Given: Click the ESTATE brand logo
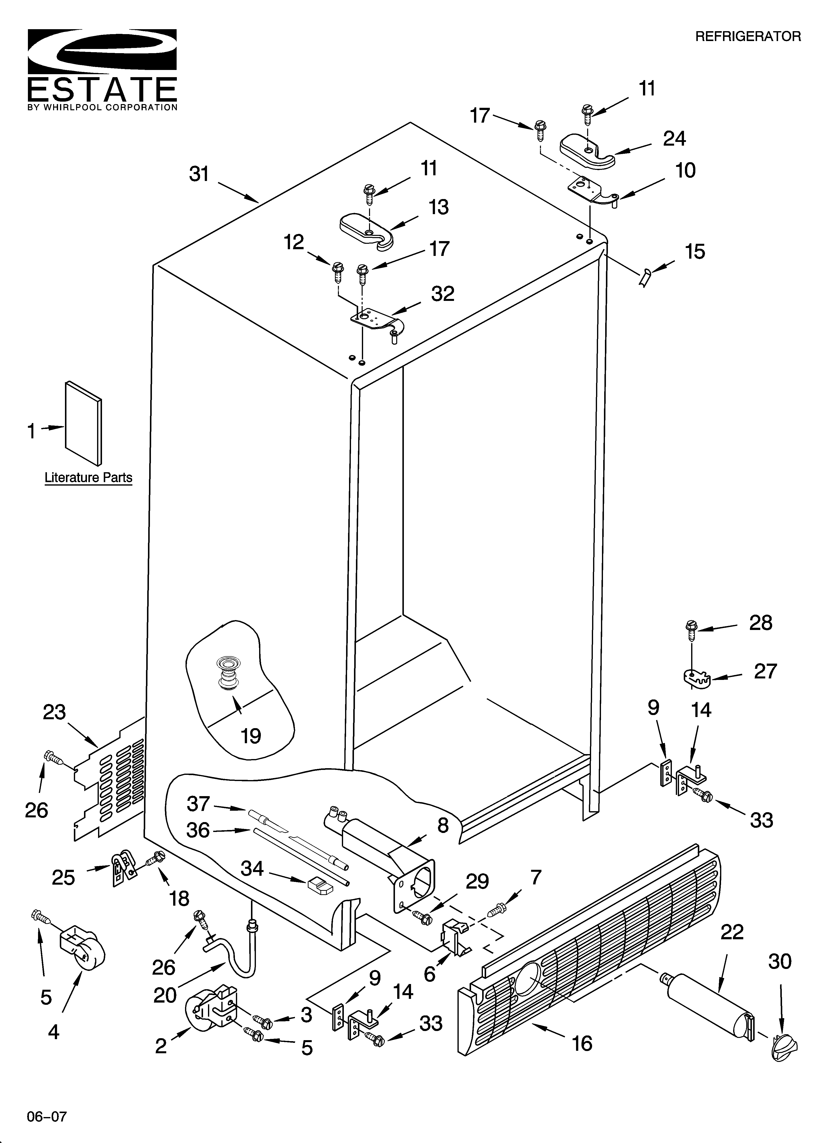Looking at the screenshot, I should (102, 69).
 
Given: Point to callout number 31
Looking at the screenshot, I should (199, 174).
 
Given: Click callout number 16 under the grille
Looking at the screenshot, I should (582, 1043).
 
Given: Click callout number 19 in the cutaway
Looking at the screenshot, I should (251, 736).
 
